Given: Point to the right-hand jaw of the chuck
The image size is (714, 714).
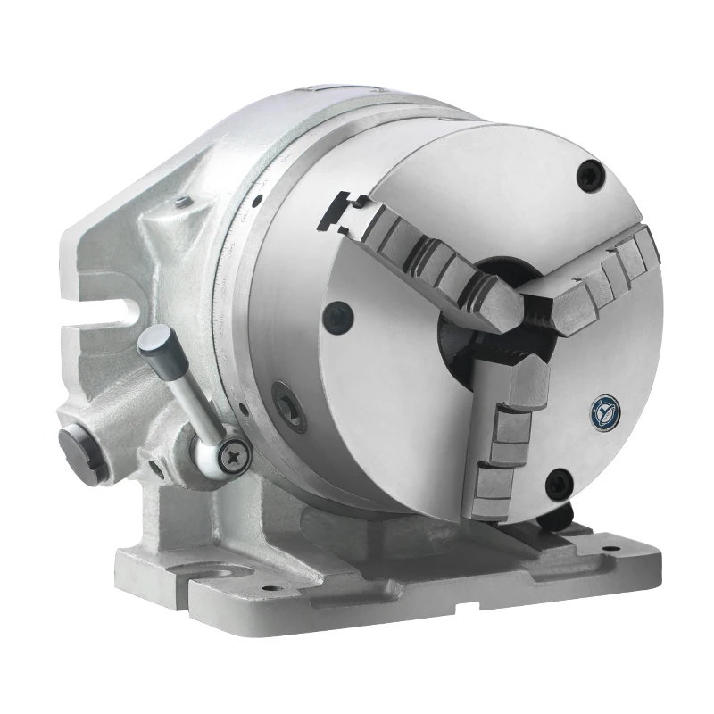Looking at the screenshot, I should tap(598, 278).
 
